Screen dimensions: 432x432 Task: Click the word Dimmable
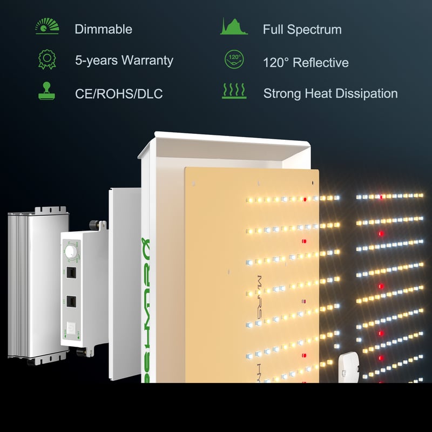(103, 29)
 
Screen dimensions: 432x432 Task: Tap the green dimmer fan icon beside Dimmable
(47, 27)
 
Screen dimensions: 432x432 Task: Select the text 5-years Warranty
(124, 60)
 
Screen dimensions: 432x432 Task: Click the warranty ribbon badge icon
(47, 59)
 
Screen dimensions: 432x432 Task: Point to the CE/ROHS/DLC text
(118, 94)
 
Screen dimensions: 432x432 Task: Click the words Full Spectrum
(302, 29)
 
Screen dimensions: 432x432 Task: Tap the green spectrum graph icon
(233, 26)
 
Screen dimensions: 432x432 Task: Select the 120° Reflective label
(305, 63)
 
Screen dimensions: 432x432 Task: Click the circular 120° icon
(233, 59)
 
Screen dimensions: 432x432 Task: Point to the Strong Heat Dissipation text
(330, 93)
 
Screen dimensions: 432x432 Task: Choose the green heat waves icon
(233, 91)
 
